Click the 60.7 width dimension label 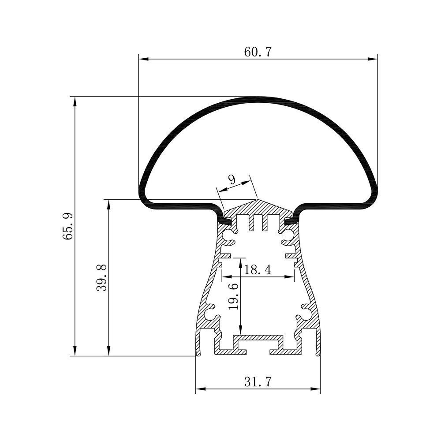tap(258, 52)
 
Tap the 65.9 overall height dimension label tap(68, 226)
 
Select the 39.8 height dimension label tap(101, 277)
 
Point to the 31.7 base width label tap(258, 381)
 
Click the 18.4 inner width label tap(258, 270)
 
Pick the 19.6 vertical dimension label tap(233, 297)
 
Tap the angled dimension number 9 tap(232, 179)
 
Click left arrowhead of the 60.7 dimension tap(143, 59)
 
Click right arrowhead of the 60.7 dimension tap(373, 59)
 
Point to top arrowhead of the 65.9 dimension tap(75, 101)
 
